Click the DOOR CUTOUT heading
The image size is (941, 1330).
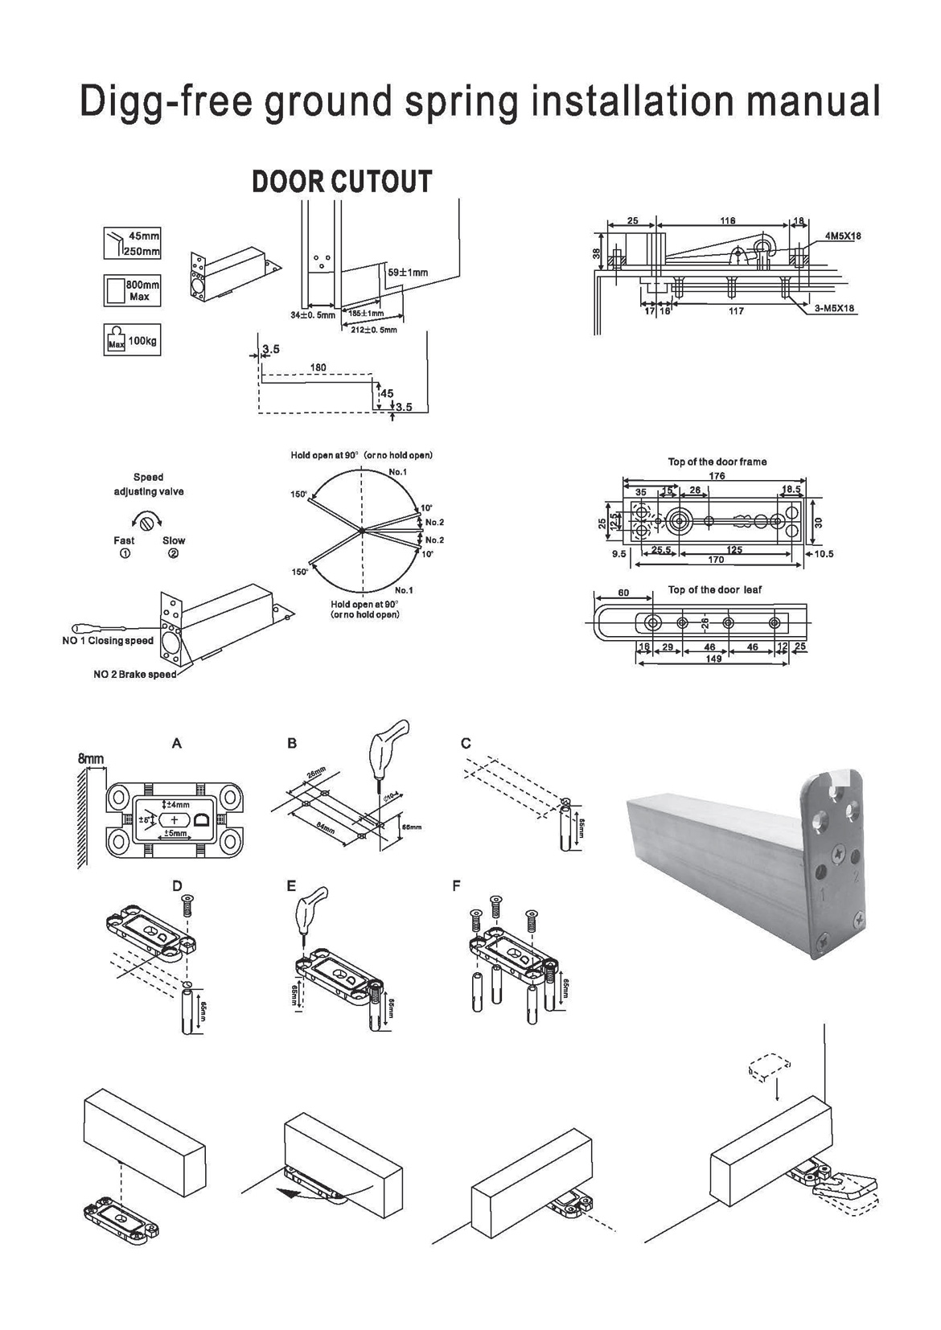342,182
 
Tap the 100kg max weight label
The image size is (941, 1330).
142,341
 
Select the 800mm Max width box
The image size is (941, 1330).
133,290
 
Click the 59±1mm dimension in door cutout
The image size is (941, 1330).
408,273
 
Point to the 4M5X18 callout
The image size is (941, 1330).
842,236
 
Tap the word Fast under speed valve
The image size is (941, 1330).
124,540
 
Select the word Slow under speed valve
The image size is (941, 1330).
174,540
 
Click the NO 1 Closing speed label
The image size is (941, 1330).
108,641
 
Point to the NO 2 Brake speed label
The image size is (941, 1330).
134,674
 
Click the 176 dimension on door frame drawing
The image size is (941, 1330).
717,476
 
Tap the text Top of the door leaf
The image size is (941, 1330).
714,589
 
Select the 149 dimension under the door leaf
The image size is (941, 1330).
713,659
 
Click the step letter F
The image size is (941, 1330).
456,886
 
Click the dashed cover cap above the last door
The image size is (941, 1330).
768,1068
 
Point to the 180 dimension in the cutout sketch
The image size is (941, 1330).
318,368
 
